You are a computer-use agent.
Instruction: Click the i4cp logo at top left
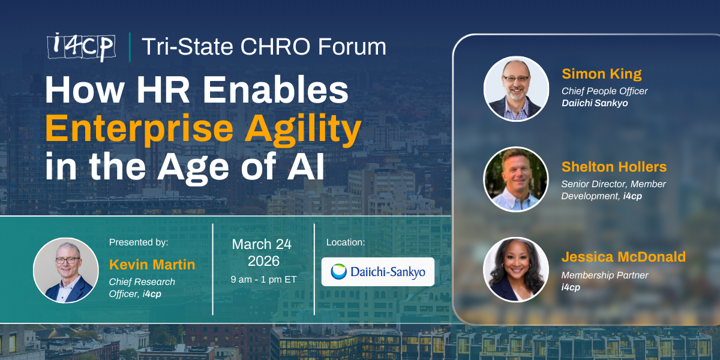tap(82, 47)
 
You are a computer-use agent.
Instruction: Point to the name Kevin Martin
tap(152, 265)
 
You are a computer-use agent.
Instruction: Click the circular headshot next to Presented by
tap(66, 269)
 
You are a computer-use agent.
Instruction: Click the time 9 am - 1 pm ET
tap(263, 279)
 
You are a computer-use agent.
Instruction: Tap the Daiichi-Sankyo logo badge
tap(377, 272)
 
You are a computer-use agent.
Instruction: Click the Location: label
tap(345, 242)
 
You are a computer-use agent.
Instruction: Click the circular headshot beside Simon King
tap(516, 88)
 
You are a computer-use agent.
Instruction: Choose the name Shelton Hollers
tap(614, 167)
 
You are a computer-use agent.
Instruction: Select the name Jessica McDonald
tap(623, 257)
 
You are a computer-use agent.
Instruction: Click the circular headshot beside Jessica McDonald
tap(516, 269)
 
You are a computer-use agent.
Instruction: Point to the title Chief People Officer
tap(604, 91)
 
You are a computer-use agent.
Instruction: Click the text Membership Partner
tap(605, 275)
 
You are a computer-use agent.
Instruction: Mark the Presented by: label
tap(139, 242)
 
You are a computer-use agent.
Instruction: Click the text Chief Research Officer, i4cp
tap(142, 287)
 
